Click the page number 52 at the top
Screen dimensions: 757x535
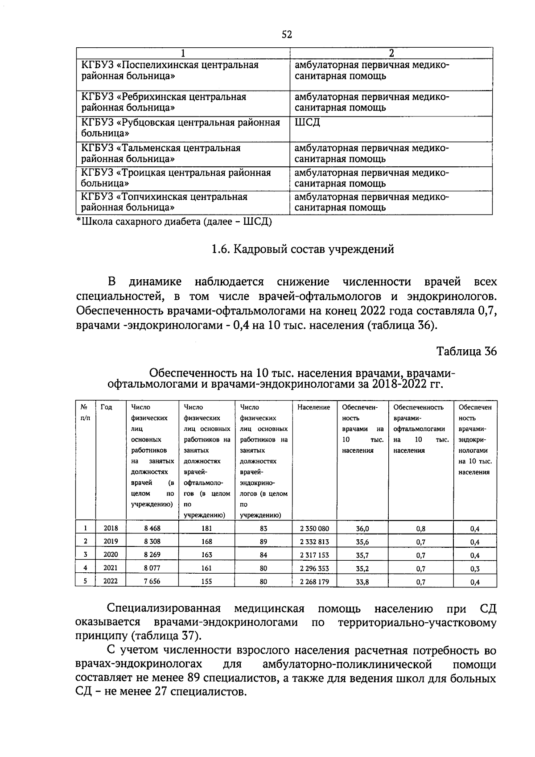287,34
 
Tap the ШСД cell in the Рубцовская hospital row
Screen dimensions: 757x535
307,122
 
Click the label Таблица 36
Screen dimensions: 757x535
466,351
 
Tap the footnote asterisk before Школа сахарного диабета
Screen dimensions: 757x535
79,220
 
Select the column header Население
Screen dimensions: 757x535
314,407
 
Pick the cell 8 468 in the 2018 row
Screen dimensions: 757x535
152,528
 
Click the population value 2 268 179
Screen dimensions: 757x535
314,581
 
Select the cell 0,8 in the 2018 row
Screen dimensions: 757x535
420,529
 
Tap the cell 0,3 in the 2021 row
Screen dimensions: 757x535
475,569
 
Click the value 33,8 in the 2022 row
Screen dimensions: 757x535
362,582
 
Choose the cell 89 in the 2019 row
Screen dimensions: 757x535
263,542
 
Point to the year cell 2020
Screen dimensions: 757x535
111,554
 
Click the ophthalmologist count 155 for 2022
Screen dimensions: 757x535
206,581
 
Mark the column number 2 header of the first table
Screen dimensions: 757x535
391,53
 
